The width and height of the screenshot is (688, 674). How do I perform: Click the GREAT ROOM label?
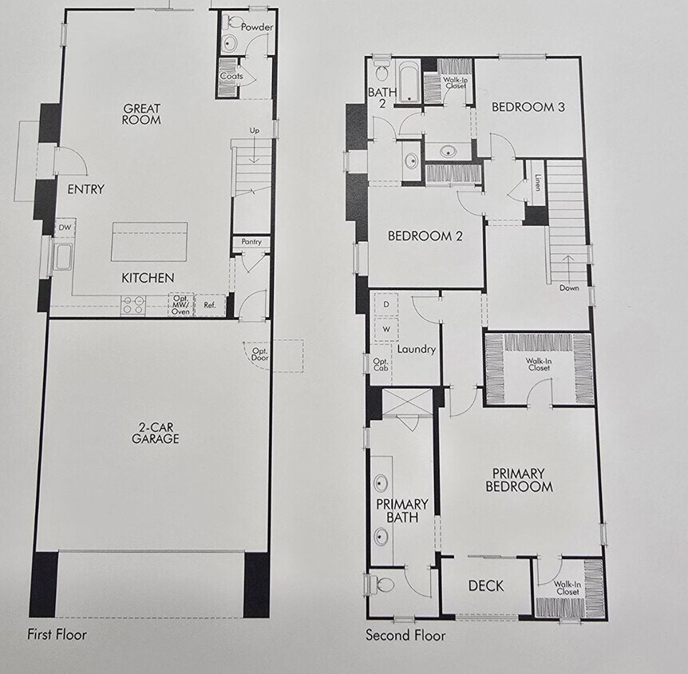tap(141, 114)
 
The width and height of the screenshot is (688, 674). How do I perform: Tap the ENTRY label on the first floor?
tap(85, 189)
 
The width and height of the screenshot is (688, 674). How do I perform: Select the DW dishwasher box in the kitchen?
tap(65, 228)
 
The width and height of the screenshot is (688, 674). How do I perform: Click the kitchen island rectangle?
tap(149, 241)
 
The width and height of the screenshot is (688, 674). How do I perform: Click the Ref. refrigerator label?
tap(210, 304)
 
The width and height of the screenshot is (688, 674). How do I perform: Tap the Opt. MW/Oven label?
tap(180, 305)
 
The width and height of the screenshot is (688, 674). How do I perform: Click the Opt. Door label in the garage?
tap(259, 354)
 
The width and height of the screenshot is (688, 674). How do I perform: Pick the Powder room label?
tap(257, 27)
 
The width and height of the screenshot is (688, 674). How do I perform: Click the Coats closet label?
tap(232, 77)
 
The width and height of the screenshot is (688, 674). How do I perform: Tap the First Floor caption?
tap(57, 635)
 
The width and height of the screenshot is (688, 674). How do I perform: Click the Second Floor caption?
tap(405, 636)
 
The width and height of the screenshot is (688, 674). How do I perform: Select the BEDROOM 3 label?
tap(528, 107)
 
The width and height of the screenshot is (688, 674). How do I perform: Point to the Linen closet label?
tap(539, 181)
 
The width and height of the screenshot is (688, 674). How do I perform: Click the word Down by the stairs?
tap(569, 287)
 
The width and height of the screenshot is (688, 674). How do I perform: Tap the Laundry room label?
tap(416, 349)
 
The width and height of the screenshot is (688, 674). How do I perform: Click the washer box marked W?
tap(386, 329)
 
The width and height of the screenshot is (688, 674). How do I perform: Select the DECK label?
tap(485, 586)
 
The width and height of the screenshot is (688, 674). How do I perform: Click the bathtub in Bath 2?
tap(409, 81)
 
